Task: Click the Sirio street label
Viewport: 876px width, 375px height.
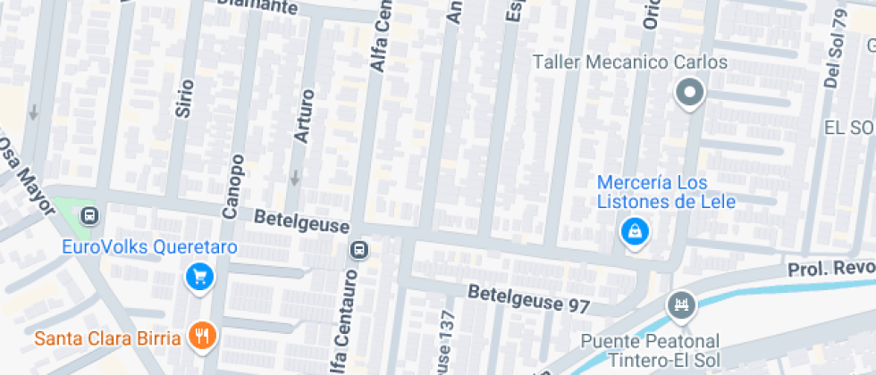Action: pyautogui.click(x=185, y=98)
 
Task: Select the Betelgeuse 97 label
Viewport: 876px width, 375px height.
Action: pyautogui.click(x=529, y=298)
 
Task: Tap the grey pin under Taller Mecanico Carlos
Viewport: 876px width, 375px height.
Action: pyautogui.click(x=690, y=93)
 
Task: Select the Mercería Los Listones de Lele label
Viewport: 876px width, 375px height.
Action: pyautogui.click(x=666, y=192)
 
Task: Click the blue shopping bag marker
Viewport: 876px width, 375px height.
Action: pyautogui.click(x=635, y=232)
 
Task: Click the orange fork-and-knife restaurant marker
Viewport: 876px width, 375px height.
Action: pyautogui.click(x=202, y=337)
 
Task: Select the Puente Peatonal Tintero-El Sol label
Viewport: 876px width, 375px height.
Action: pyautogui.click(x=649, y=350)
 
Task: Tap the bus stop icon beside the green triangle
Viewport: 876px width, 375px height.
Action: pyautogui.click(x=89, y=215)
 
